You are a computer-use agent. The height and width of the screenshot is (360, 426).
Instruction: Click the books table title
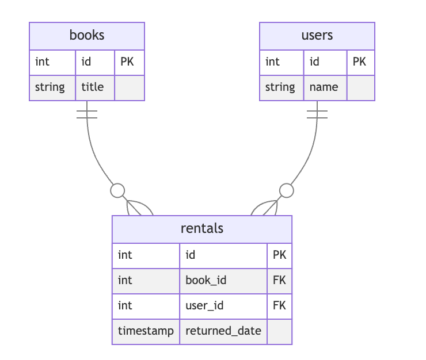tap(87, 35)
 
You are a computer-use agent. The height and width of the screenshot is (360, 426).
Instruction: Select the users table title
tap(317, 35)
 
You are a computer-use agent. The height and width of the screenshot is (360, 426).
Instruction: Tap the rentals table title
tap(202, 228)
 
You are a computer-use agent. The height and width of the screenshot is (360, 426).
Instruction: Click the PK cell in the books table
tap(127, 62)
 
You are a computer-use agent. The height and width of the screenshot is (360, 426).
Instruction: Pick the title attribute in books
tap(93, 87)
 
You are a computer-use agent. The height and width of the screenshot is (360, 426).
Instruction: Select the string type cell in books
tap(50, 87)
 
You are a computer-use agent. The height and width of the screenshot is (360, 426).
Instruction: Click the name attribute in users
tap(324, 87)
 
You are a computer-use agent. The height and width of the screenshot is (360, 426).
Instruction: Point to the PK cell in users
tap(359, 62)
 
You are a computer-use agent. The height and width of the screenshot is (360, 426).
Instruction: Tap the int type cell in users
tap(273, 62)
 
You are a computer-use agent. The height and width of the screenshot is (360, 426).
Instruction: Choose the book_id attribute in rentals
tap(206, 280)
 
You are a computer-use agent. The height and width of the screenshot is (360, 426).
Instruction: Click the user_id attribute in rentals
tap(204, 305)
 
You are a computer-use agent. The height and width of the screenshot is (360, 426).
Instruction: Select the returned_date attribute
tap(223, 331)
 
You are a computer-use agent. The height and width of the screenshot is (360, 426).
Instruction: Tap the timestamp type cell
tap(146, 331)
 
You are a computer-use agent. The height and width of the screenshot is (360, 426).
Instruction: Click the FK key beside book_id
tap(279, 280)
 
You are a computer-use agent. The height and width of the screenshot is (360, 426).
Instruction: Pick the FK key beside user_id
tap(279, 305)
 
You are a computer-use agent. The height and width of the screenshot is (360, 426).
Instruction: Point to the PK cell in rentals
tap(279, 255)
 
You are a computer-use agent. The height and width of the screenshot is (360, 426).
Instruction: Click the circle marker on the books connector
tap(117, 190)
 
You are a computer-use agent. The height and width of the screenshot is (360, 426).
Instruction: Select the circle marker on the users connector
tap(286, 190)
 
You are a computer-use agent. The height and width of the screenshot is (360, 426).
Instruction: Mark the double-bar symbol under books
tap(87, 114)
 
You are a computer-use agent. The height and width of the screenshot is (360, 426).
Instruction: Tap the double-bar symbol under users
tap(317, 114)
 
